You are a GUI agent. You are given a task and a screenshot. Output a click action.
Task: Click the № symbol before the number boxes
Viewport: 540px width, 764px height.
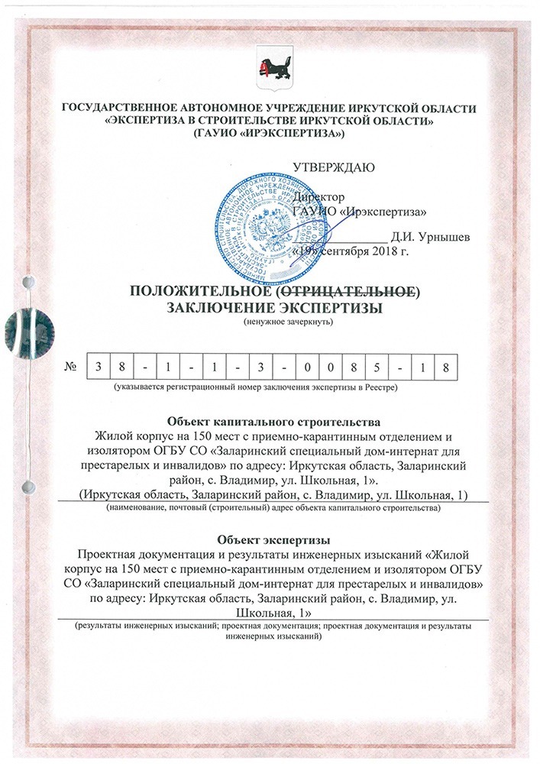pyautogui.click(x=72, y=367)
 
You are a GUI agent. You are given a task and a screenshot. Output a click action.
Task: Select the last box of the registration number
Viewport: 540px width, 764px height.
pyautogui.click(x=448, y=367)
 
